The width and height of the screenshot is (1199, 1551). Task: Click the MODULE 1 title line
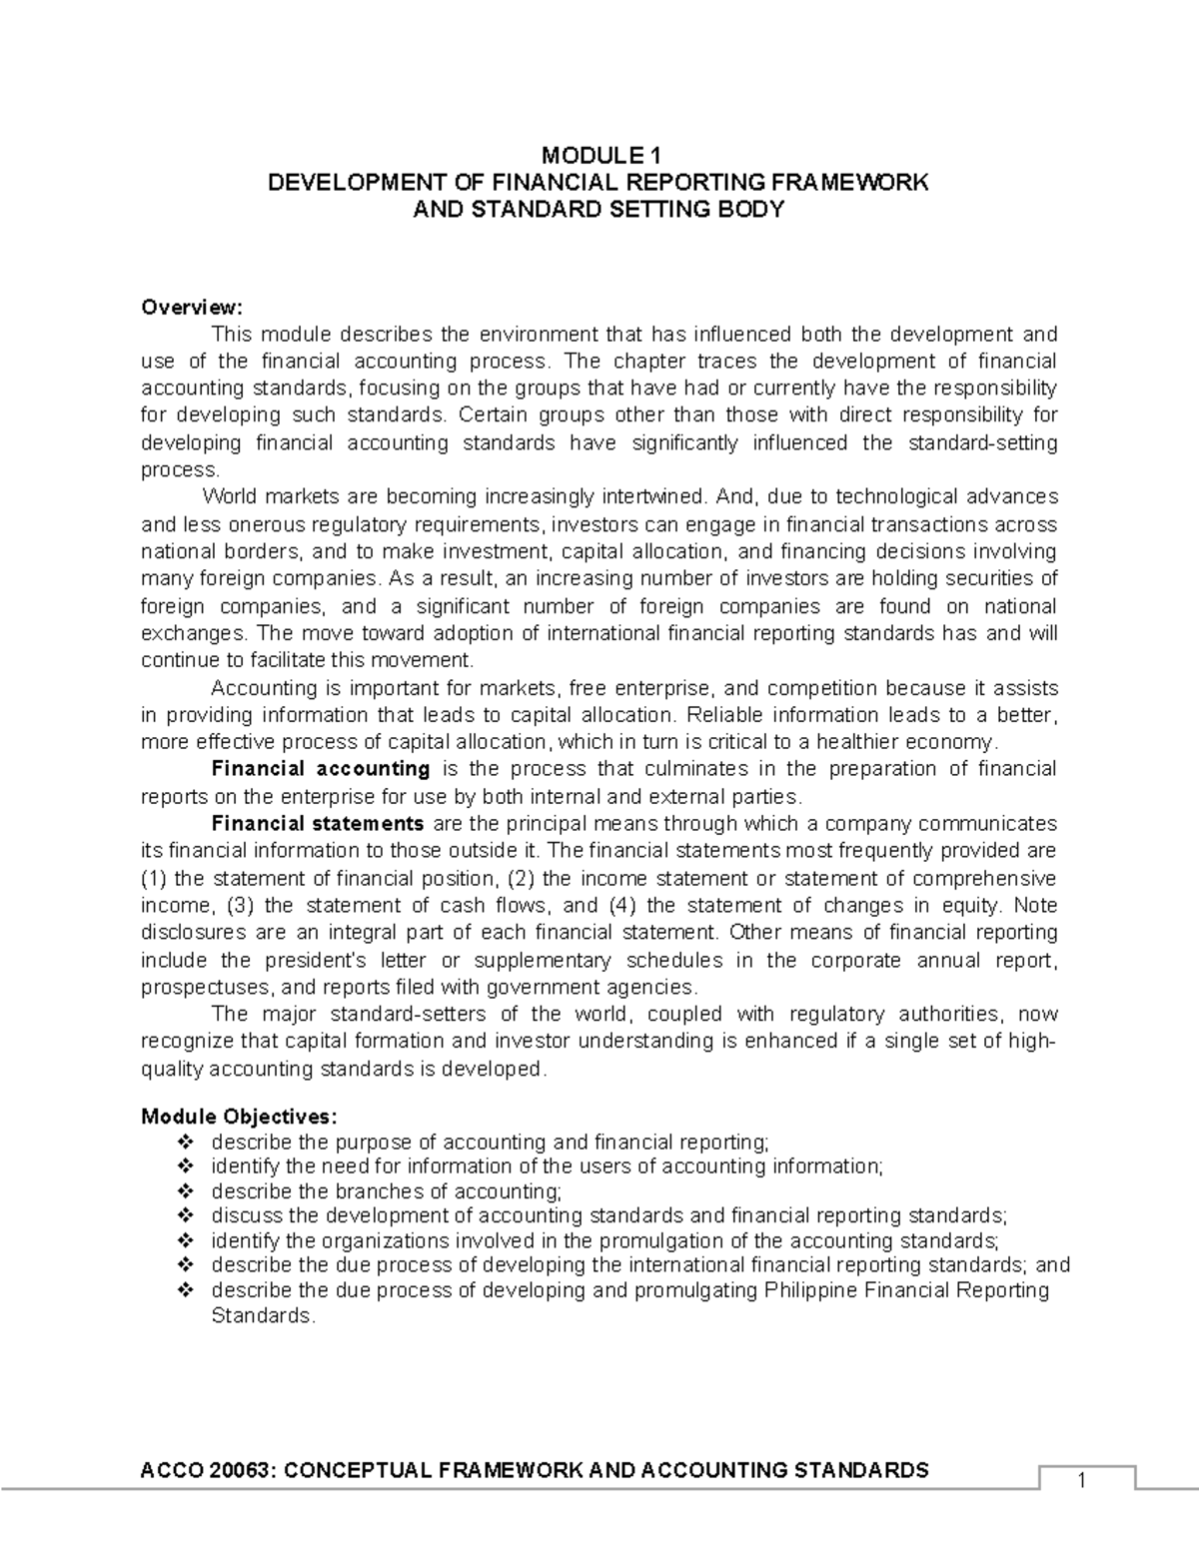coord(600,155)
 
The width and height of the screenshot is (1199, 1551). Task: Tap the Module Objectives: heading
coord(240,1116)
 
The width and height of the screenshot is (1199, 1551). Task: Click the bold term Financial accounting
coord(321,769)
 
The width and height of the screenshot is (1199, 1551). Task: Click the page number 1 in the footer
coord(1080,1481)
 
